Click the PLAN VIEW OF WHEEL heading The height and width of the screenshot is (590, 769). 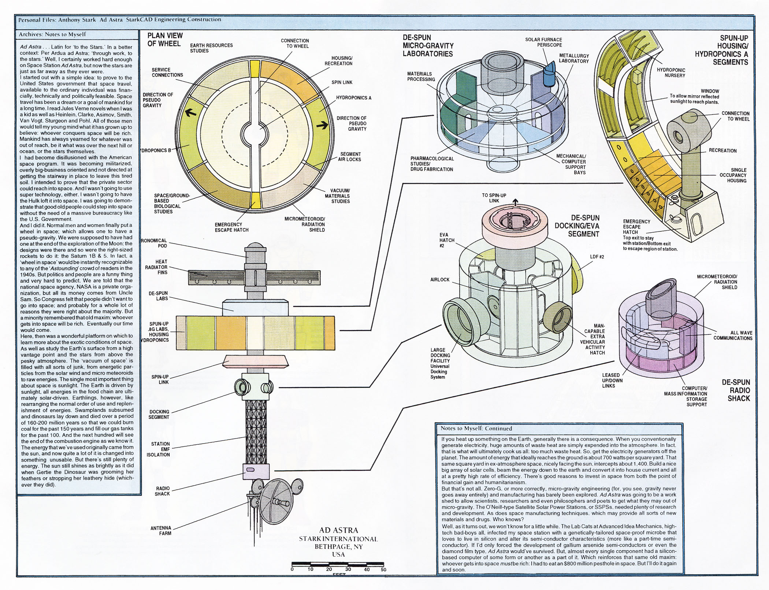[165, 40]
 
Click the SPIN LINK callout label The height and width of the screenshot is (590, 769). [342, 82]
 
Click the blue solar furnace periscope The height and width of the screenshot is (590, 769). [549, 74]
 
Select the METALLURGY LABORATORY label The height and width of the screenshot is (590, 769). [573, 58]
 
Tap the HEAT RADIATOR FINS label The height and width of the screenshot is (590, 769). [156, 267]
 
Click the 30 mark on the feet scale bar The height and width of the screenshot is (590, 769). [348, 569]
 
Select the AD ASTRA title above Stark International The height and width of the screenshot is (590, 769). [338, 530]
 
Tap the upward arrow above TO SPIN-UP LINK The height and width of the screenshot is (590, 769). [516, 201]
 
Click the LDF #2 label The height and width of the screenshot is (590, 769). [597, 257]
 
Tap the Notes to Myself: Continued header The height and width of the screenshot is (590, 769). [476, 428]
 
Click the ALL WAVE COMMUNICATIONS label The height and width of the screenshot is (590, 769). [733, 335]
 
